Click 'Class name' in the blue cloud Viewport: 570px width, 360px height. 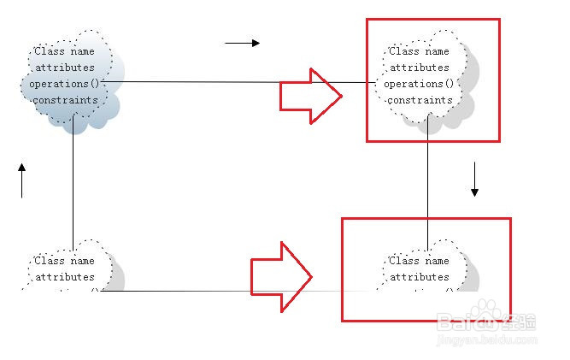coord(64,51)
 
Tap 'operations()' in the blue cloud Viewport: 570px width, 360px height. coord(65,84)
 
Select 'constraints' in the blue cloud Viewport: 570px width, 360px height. coord(65,100)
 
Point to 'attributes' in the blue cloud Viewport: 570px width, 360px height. coord(64,68)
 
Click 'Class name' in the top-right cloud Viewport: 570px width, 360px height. coord(419,51)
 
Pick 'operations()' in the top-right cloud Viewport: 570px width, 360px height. coord(419,84)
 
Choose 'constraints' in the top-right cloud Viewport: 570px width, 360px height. coord(420,100)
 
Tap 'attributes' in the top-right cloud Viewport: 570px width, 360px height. coord(419,68)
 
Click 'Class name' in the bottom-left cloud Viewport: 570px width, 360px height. coord(64,261)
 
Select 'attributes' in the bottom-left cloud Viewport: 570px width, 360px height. coord(64,277)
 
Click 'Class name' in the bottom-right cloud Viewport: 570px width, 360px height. coord(419,261)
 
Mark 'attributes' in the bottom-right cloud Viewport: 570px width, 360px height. coord(419,277)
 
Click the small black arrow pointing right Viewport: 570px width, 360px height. coord(242,42)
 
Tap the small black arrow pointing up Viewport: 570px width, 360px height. coord(22,180)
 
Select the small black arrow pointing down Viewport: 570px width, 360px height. coord(475,181)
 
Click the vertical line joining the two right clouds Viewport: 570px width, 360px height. coord(427,180)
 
